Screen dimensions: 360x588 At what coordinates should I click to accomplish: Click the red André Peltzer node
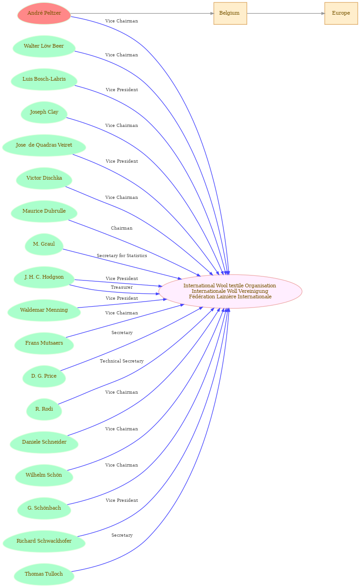pos(44,13)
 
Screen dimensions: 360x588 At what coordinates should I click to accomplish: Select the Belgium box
pos(230,13)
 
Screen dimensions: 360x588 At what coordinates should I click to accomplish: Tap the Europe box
pos(341,13)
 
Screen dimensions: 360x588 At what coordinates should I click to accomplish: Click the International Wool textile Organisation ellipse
pos(230,291)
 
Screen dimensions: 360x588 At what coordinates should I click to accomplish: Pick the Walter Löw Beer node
pos(44,46)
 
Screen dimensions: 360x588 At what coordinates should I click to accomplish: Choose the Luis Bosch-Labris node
pos(44,80)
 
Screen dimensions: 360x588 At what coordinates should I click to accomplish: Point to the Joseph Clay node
pos(44,112)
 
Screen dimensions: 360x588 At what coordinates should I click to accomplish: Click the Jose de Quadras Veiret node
pos(44,145)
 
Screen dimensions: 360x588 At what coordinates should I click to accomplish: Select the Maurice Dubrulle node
pos(44,211)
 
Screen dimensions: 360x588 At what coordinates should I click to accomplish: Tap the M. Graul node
pos(44,244)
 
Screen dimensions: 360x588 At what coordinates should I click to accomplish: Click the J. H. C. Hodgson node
pos(44,277)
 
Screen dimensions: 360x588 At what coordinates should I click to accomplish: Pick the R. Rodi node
pos(44,409)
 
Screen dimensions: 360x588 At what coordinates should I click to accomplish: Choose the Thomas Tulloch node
pos(44,574)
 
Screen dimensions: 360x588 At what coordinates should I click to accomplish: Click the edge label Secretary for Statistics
pos(122,256)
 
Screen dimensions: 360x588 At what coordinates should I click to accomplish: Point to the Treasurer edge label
pos(122,287)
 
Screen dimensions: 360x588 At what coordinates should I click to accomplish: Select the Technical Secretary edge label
pos(122,361)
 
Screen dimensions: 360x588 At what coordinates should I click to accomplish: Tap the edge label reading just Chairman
pos(122,228)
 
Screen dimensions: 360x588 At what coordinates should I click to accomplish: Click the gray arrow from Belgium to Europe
pos(286,13)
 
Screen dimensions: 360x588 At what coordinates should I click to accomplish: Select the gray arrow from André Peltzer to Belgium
pos(142,13)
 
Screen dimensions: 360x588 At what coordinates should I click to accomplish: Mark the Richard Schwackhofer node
pos(44,541)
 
